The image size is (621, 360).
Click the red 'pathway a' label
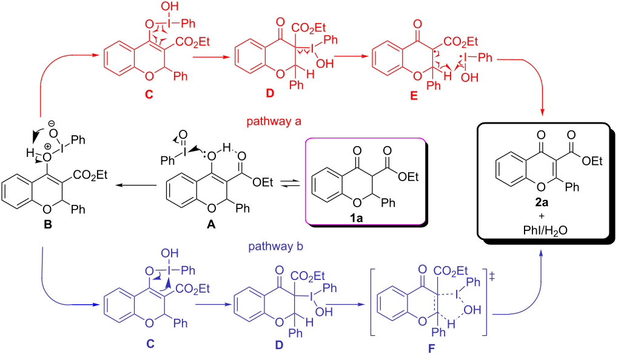point(274,121)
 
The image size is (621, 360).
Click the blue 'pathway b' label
point(276,246)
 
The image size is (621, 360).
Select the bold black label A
point(211,224)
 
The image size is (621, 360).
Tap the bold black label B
point(47,224)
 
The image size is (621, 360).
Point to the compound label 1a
point(356,218)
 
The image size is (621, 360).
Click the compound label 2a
point(542,202)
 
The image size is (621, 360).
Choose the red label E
point(414,95)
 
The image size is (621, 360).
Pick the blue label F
point(431,348)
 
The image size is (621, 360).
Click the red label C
point(149,94)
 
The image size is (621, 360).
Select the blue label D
point(279,345)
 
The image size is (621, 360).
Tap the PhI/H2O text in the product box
point(545,231)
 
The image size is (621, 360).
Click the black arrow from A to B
point(136,185)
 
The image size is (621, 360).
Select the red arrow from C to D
point(211,57)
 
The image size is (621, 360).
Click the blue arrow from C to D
point(212,304)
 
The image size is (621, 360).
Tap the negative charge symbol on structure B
point(51,124)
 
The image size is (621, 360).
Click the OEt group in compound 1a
point(408,176)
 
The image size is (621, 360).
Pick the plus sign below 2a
point(542,216)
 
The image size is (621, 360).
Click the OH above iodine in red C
point(170,6)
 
